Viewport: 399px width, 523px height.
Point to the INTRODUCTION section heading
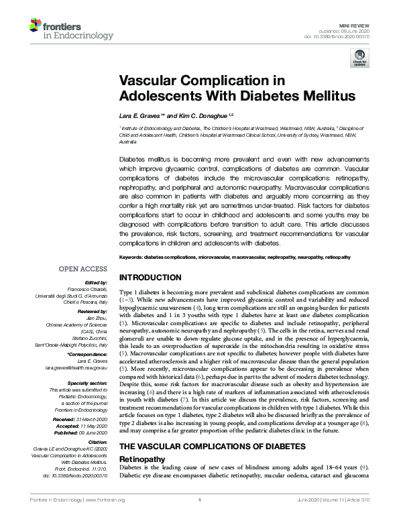[x=150, y=278]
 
